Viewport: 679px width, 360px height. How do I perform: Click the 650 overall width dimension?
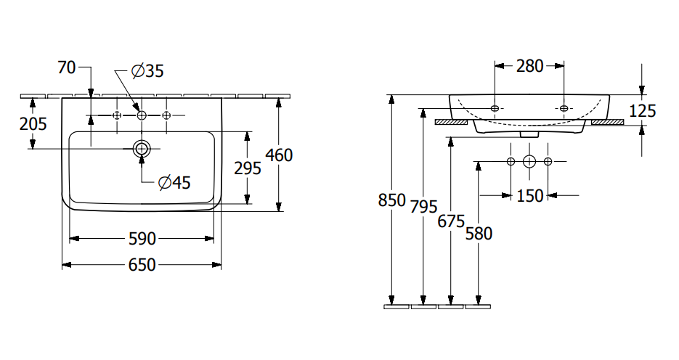(142, 265)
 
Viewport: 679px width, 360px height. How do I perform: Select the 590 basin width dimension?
(142, 238)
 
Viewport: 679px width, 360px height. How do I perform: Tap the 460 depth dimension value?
(279, 155)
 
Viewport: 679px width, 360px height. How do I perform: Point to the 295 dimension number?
(248, 168)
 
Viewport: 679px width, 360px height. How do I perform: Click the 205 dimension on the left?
(33, 124)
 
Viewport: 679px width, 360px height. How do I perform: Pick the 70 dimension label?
(67, 68)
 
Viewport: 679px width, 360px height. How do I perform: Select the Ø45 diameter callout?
(174, 183)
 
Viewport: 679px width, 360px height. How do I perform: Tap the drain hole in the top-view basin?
(142, 149)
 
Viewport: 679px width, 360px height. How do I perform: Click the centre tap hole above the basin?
(142, 115)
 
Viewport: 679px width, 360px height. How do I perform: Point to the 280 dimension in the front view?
(529, 66)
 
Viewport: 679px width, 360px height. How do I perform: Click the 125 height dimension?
(642, 111)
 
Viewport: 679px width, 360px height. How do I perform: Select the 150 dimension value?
(529, 195)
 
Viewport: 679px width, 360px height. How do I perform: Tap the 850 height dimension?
(392, 200)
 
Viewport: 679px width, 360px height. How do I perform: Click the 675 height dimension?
(451, 221)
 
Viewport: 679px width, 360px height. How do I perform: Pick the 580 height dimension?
(479, 233)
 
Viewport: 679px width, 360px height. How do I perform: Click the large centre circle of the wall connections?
(529, 160)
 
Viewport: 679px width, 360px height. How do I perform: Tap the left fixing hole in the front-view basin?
(495, 108)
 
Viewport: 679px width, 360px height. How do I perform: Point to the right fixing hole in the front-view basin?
(564, 108)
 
